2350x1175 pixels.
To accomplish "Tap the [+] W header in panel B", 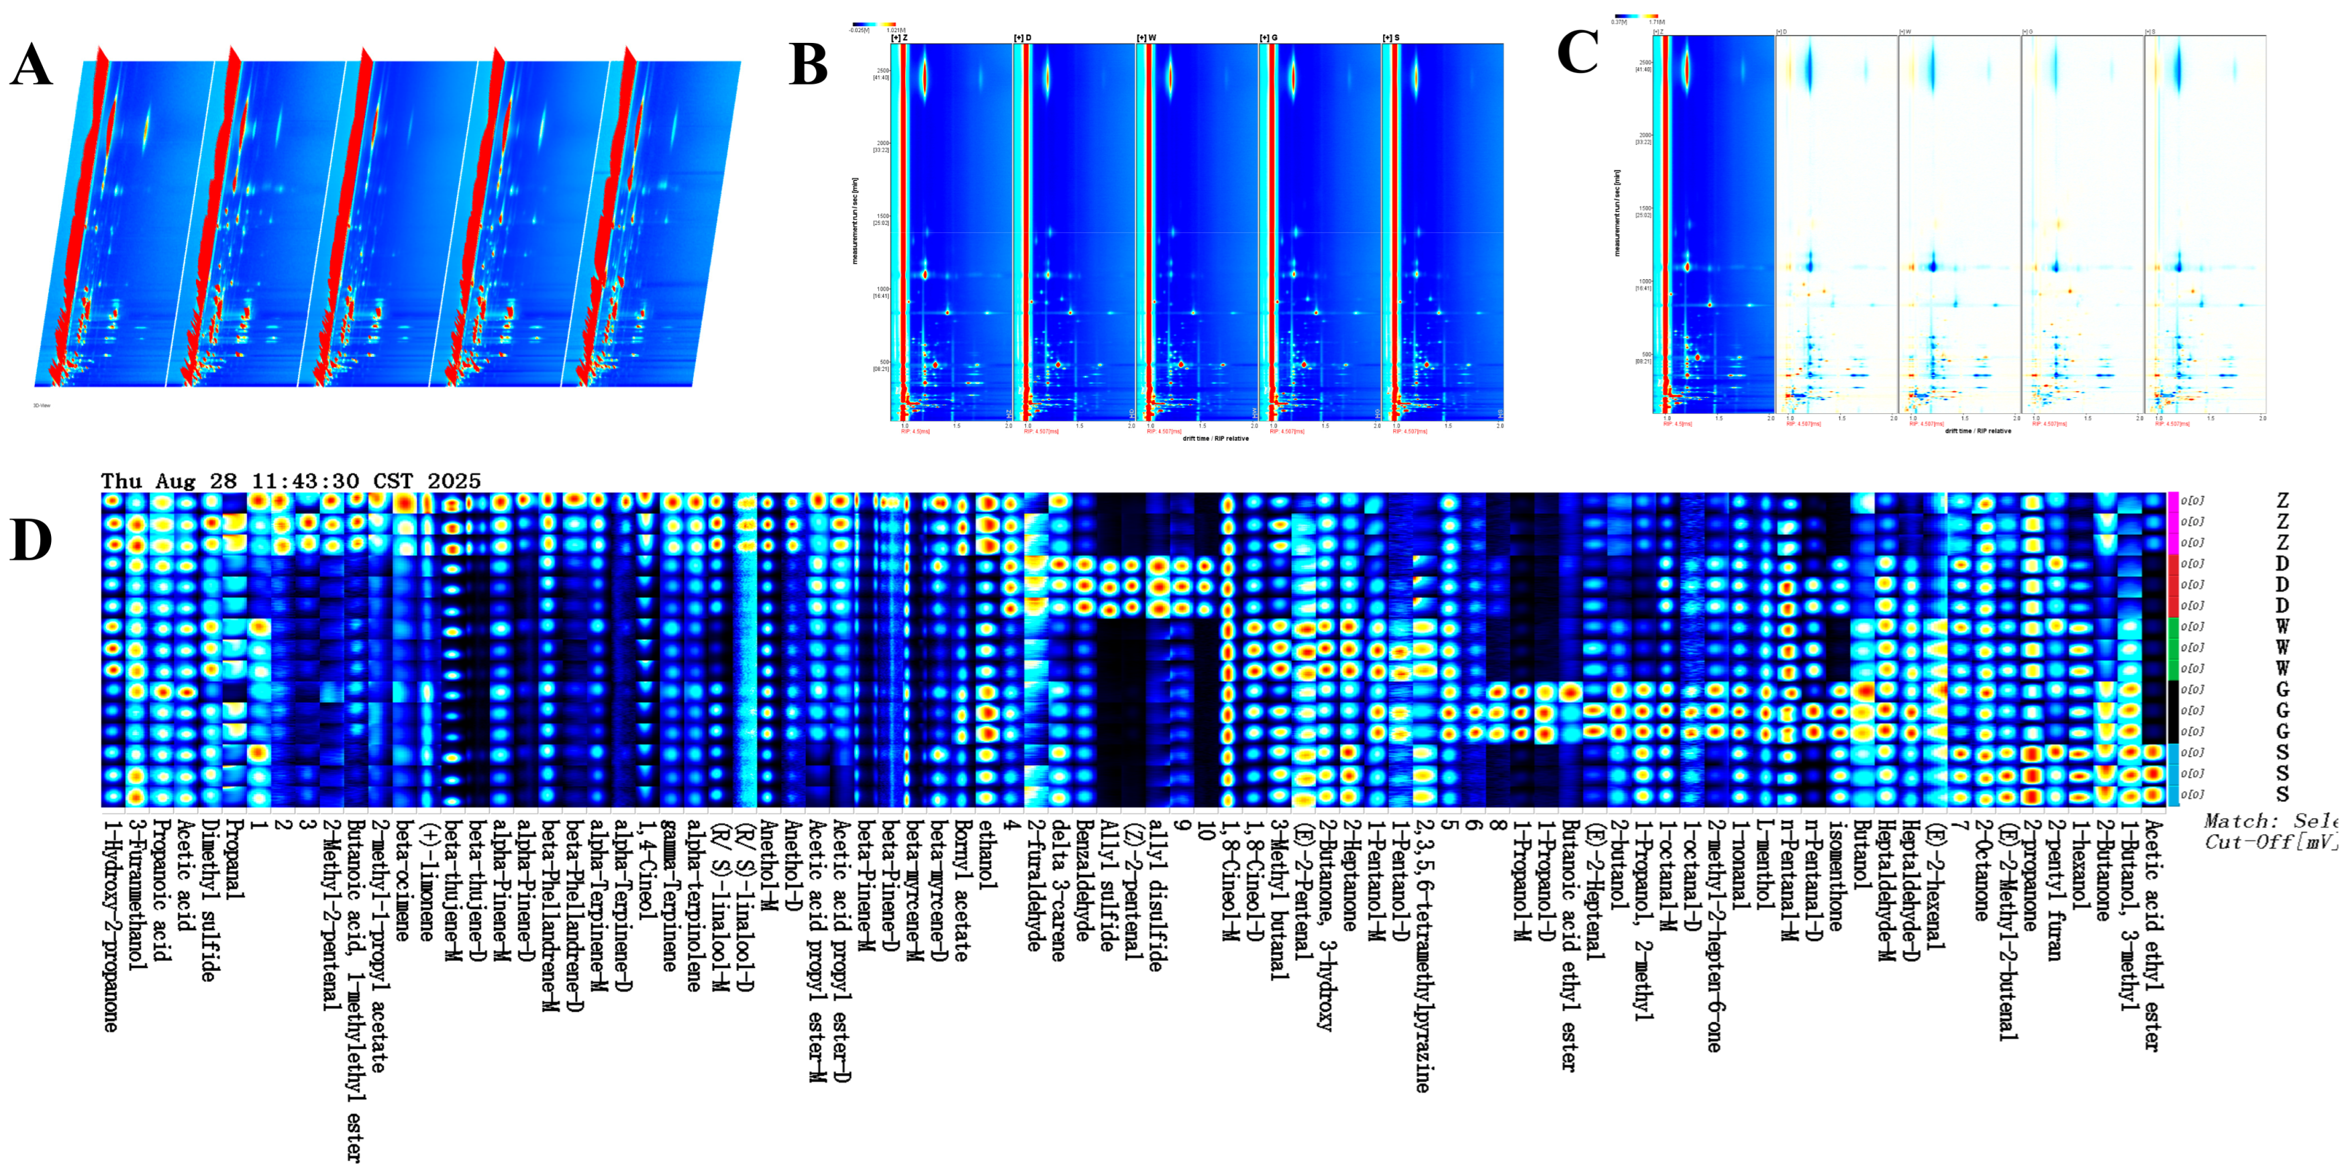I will click(x=1147, y=38).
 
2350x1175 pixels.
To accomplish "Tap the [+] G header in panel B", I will click(x=1269, y=38).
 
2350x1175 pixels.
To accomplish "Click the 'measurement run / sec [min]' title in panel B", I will click(x=856, y=221).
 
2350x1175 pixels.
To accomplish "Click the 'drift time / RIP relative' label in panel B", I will click(x=1215, y=439).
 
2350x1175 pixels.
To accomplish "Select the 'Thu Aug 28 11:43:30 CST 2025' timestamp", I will click(x=290, y=480).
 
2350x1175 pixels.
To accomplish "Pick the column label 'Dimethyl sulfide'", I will click(x=209, y=899).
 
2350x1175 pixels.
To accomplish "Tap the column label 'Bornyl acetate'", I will click(x=962, y=889).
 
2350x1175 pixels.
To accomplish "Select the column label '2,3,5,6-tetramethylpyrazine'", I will click(x=1421, y=954).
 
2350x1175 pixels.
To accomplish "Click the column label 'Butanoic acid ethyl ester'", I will click(x=1569, y=944).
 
